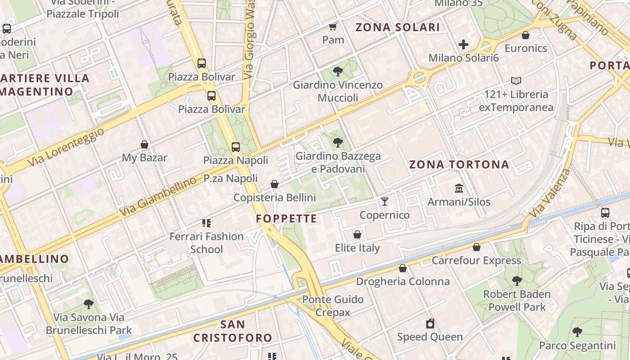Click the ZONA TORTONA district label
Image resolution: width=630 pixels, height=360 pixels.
459,164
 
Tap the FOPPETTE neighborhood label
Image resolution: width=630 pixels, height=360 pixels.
287,219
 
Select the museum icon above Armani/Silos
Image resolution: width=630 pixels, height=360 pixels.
459,188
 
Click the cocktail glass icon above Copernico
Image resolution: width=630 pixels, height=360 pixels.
384,201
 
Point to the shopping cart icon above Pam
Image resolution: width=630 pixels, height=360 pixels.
333,27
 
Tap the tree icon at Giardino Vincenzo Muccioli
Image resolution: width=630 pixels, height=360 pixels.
337,71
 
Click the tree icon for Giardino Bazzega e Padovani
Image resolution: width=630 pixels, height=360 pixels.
337,143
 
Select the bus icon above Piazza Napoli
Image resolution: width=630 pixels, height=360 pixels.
235,147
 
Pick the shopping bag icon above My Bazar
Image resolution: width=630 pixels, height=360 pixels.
144,144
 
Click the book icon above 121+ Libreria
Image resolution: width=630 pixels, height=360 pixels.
516,81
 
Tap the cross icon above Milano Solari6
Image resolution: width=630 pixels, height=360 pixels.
463,45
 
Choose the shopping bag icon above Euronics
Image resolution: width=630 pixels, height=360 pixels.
526,35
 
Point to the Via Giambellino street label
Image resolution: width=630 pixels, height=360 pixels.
158,197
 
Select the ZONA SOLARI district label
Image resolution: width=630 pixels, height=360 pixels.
398,27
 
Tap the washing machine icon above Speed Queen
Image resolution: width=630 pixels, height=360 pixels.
430,323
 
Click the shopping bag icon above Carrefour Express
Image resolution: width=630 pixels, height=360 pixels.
477,247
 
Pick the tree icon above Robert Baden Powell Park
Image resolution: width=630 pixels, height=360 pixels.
517,280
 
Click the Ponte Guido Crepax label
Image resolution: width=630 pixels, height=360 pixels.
333,306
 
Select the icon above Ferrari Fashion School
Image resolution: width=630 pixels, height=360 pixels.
207,223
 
